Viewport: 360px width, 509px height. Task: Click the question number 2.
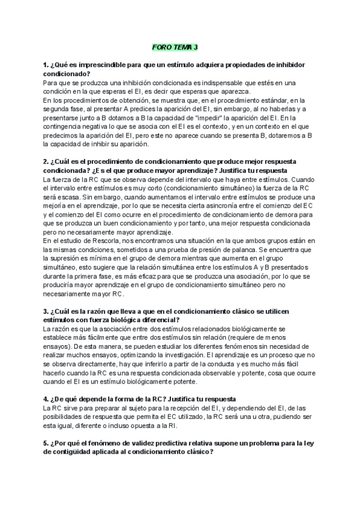[x=46, y=163]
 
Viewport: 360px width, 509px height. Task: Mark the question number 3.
[x=46, y=312]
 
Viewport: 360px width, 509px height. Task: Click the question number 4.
[x=46, y=399]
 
